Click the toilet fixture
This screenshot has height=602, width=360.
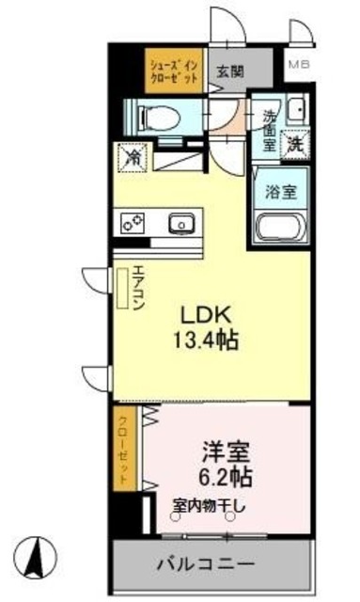(x=156, y=117)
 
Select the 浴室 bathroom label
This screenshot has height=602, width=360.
(x=281, y=192)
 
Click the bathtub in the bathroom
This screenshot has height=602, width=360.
(x=280, y=229)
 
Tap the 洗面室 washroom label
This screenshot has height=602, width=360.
(x=269, y=131)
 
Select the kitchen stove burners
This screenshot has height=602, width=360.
(x=133, y=223)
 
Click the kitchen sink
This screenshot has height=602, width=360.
(x=180, y=224)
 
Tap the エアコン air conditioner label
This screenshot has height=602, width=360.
(x=136, y=288)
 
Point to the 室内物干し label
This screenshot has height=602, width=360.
(x=208, y=507)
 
